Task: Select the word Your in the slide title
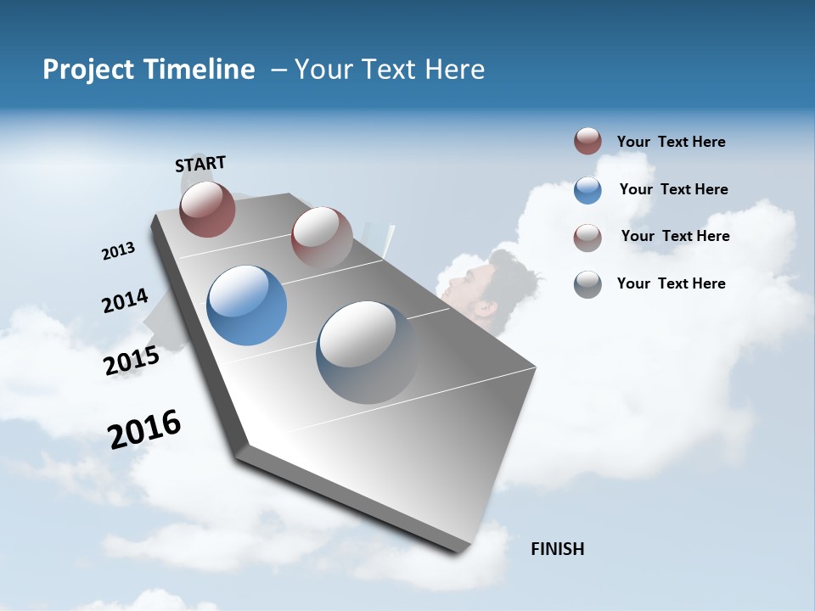tap(323, 70)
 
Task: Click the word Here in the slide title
tap(454, 70)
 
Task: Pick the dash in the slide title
tap(278, 70)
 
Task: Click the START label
tap(200, 164)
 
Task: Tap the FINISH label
tap(557, 549)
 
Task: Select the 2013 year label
tap(118, 251)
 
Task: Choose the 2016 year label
tap(144, 429)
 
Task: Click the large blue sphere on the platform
tap(246, 305)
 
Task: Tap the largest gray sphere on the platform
tap(367, 352)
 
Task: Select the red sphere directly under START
tap(207, 209)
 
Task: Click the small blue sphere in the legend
tap(587, 190)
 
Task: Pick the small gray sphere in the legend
tap(587, 284)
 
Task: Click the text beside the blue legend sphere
tap(673, 189)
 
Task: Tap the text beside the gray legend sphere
tap(671, 283)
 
